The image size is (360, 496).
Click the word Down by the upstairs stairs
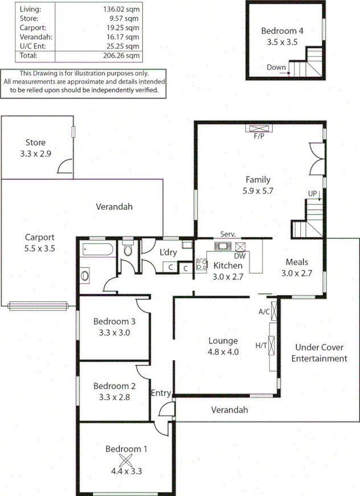tap(276, 68)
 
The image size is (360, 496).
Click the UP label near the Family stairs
tap(313, 194)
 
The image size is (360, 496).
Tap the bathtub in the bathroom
tap(97, 249)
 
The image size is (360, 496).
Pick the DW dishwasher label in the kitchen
tap(239, 256)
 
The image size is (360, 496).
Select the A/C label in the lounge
tap(264, 311)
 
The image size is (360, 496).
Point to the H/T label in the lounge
tap(261, 345)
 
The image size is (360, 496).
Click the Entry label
tap(161, 393)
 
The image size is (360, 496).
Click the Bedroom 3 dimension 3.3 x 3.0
tap(114, 333)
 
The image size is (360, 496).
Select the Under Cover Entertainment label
tap(319, 353)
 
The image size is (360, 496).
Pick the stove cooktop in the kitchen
tap(201, 264)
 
